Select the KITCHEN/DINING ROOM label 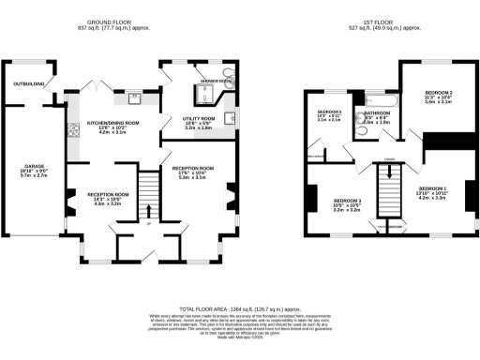pyautogui.click(x=112, y=123)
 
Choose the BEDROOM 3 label pyautogui.click(x=347, y=201)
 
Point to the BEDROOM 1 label pyautogui.click(x=430, y=188)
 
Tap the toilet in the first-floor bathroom pyautogui.click(x=360, y=131)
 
